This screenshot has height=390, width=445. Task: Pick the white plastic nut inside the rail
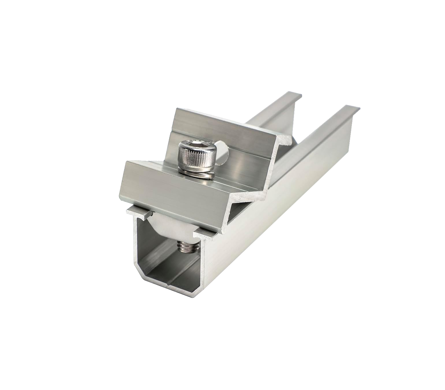tap(173, 224)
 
